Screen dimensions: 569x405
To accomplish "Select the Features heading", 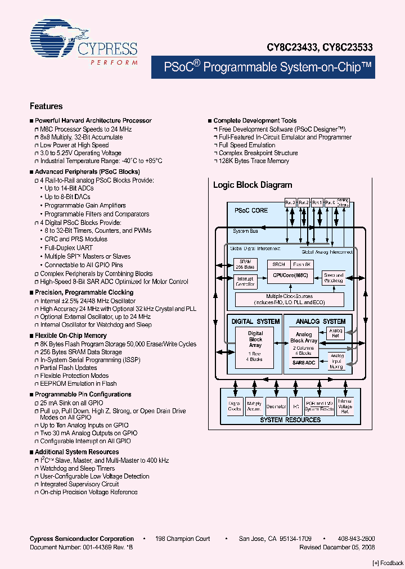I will coord(46,106).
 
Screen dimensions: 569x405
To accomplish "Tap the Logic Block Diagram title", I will coord(252,185).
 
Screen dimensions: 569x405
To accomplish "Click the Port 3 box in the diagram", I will coord(290,202).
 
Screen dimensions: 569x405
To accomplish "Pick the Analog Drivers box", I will coord(343,202).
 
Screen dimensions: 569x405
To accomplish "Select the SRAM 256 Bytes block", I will coord(245,264).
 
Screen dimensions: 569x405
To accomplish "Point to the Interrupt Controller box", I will coord(245,281).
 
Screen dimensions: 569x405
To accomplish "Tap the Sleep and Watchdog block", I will coord(333,278).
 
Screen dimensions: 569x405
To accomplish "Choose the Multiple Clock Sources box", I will coord(289,299).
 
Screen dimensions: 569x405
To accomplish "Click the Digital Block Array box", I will coord(255,344).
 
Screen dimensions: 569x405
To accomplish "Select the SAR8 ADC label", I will coord(304,363).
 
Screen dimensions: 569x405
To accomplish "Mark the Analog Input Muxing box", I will coord(337,360).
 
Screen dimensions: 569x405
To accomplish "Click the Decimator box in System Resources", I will coord(276,406).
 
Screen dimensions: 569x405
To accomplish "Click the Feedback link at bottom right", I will coord(388,563).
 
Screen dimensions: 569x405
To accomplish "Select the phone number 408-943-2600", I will coord(356,539).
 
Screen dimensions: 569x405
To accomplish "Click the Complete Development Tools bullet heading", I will coord(255,121).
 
